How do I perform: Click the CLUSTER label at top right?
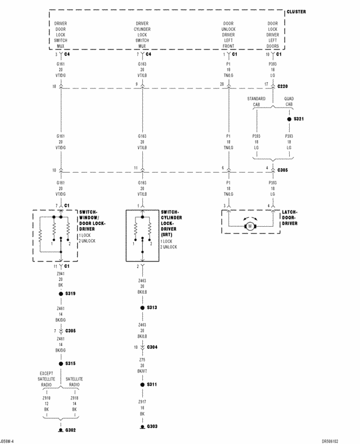click(296, 12)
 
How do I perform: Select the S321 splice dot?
click(289, 119)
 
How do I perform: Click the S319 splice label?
click(70, 294)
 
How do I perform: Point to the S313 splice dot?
click(142, 308)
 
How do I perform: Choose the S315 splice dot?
click(61, 364)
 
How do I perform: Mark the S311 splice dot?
click(142, 385)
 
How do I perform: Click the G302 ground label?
click(70, 430)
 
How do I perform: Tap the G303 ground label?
click(152, 427)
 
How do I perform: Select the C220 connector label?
click(282, 87)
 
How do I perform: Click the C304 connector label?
click(152, 347)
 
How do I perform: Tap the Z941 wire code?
click(61, 273)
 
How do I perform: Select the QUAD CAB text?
click(289, 102)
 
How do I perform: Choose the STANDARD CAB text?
click(256, 102)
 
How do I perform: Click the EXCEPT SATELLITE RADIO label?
click(47, 379)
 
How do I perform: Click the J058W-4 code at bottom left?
click(7, 441)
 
